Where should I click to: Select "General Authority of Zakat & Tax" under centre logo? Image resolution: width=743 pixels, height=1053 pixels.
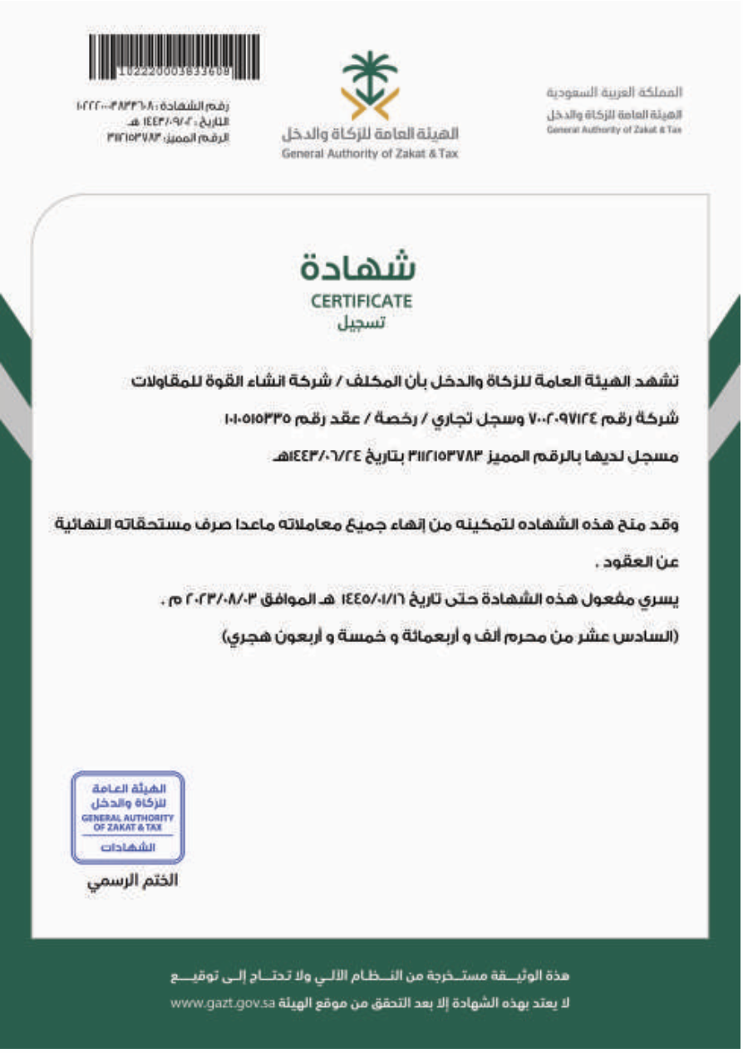pos(371,155)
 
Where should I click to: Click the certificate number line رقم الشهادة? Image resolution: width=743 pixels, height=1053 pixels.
pos(153,106)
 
